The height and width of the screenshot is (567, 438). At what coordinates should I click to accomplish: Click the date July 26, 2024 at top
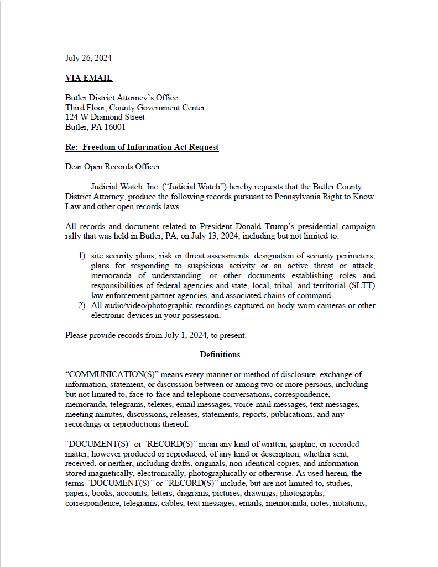click(88, 58)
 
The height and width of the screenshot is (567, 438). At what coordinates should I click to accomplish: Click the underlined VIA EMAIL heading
click(88, 78)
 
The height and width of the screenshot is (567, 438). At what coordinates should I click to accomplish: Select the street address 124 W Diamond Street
click(105, 117)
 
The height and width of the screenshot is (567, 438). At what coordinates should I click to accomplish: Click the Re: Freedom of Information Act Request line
click(142, 147)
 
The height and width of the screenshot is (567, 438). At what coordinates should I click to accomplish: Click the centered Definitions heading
click(220, 354)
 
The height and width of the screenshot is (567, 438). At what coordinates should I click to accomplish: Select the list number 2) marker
click(81, 305)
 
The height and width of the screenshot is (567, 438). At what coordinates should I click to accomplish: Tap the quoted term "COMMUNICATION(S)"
click(106, 374)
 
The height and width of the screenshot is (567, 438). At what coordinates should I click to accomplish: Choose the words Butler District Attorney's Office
click(121, 98)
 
